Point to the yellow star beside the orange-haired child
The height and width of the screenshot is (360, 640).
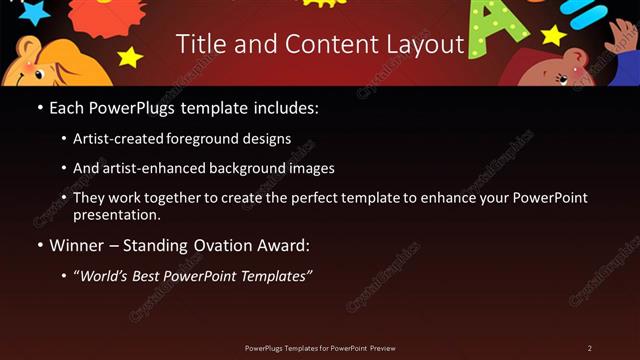point(130,57)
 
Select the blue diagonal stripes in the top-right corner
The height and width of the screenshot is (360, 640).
point(591,11)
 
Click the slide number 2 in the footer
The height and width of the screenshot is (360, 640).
point(590,348)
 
